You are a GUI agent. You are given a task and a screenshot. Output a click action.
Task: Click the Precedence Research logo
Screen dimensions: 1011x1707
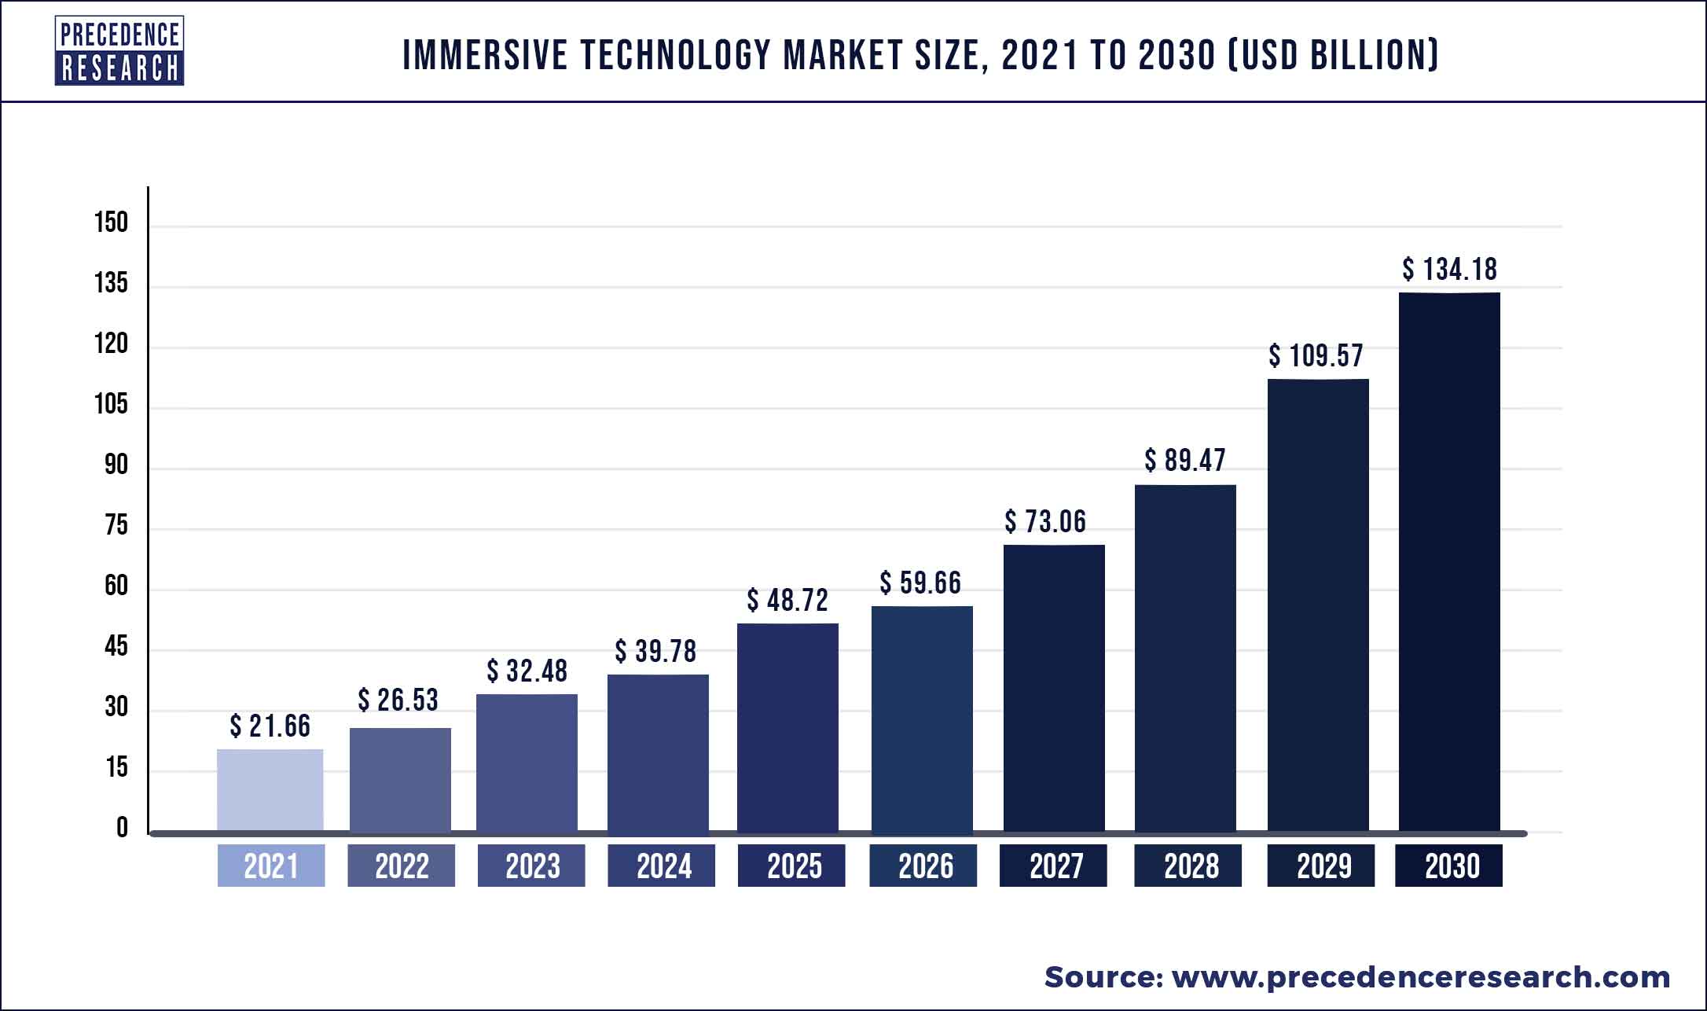(119, 51)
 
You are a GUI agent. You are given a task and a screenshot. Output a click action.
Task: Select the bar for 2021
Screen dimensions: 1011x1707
(270, 790)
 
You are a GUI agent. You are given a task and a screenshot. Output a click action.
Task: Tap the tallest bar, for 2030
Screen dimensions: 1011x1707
(1449, 562)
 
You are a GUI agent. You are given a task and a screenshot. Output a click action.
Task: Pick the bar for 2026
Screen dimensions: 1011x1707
(922, 719)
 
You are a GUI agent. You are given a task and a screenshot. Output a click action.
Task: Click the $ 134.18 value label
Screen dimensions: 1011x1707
(1450, 270)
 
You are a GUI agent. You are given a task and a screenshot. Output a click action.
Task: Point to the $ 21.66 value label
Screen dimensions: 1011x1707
(270, 726)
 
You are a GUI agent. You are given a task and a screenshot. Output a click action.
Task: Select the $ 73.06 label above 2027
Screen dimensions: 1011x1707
(1045, 521)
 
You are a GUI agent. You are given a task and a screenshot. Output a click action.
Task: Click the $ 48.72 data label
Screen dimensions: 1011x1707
(787, 601)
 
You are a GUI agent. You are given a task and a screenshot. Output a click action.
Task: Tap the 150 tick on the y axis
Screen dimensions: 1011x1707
(111, 222)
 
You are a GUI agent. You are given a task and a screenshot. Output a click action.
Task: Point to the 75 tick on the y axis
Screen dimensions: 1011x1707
(116, 525)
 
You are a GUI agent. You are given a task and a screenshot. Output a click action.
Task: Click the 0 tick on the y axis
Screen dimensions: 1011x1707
(122, 828)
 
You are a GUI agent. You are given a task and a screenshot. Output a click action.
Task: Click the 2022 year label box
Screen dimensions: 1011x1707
(401, 866)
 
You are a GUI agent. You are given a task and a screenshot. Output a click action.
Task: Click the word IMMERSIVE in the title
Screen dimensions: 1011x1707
(485, 55)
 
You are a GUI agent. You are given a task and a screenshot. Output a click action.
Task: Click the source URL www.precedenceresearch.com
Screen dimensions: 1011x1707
(1421, 977)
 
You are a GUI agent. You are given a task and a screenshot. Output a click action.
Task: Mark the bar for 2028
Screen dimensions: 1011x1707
(1185, 658)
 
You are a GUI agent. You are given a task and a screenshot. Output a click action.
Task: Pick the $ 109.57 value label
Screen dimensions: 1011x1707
(1316, 356)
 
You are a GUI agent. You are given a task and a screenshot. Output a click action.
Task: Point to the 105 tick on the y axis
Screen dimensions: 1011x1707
(111, 404)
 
